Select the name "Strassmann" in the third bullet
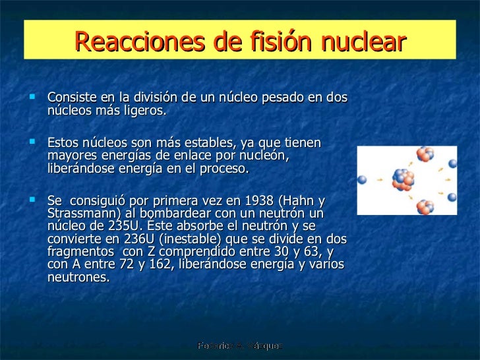pos(79,214)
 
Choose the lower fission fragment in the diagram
pos(424,206)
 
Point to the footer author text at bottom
pos(239,345)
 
